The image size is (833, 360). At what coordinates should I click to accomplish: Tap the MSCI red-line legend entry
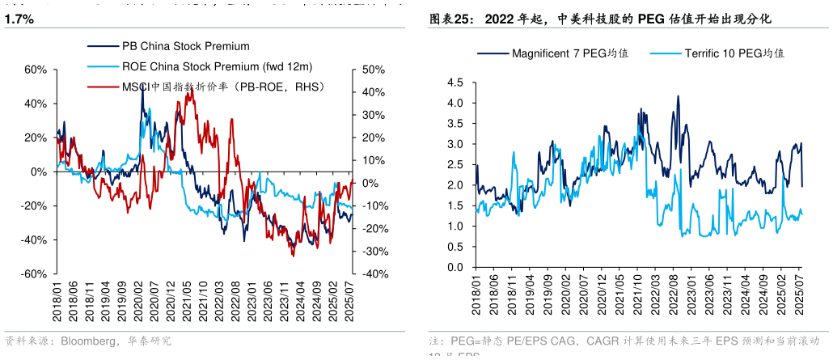click(222, 86)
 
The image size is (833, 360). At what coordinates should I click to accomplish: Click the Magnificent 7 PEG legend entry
click(570, 53)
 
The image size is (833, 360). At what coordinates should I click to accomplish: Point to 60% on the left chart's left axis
click(36, 70)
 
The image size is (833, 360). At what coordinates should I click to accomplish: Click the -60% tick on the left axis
click(34, 274)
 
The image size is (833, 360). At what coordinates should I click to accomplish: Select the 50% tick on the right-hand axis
click(373, 70)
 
